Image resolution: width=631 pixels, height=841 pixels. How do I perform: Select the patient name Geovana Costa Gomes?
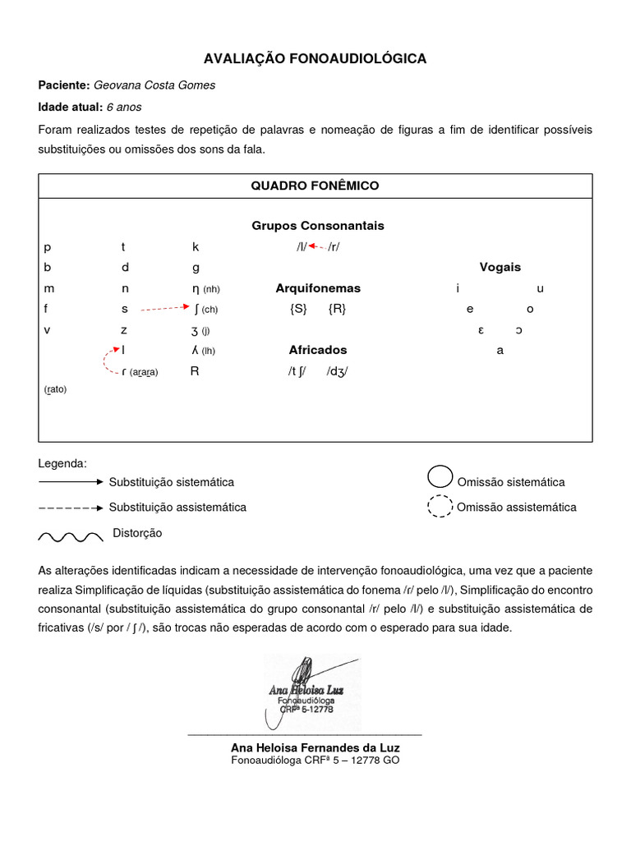(x=154, y=85)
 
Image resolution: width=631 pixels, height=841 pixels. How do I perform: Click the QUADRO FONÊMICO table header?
(x=315, y=186)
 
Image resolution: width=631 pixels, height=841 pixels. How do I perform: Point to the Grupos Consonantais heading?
(x=317, y=225)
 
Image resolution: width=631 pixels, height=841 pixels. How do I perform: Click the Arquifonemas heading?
(x=318, y=288)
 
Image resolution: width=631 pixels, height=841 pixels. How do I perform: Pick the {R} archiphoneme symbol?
(x=337, y=310)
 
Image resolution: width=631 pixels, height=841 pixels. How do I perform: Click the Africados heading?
(x=318, y=349)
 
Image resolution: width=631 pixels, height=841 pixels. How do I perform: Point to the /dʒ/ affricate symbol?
(x=337, y=370)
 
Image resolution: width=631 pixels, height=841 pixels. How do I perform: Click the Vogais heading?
(x=500, y=267)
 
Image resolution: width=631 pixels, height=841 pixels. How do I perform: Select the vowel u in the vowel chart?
(x=540, y=288)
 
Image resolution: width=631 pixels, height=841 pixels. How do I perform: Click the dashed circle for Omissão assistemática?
(x=440, y=507)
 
